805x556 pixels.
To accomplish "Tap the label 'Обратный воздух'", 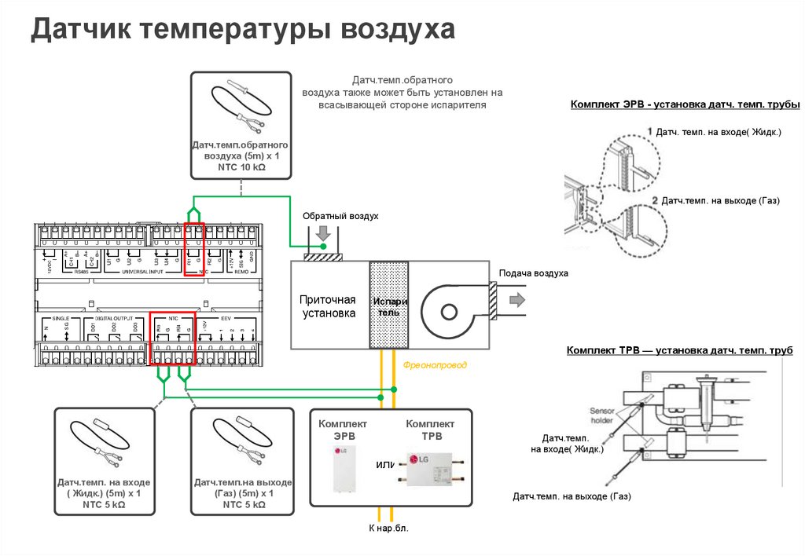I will tap(341, 215).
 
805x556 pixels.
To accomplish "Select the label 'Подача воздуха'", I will tap(533, 273).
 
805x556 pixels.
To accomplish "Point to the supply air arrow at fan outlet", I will tap(517, 300).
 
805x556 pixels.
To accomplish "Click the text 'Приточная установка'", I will tap(327, 306).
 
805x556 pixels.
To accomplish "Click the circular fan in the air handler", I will tap(449, 311).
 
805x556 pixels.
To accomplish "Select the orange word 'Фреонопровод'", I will tap(435, 365).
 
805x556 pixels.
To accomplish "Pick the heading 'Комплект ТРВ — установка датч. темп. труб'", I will tap(680, 351).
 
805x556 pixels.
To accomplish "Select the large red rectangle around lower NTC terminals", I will tap(171, 338).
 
